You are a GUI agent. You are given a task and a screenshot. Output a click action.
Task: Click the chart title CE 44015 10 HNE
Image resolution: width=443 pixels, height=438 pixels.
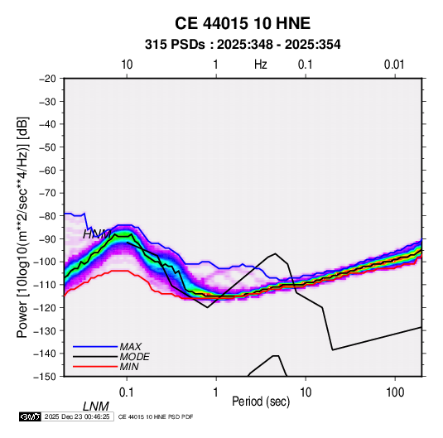point(243,23)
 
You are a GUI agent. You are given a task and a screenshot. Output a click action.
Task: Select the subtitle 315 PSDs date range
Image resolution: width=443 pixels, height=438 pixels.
point(243,45)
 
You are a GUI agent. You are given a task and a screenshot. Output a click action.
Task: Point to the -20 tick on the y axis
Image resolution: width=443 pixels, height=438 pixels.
point(47,79)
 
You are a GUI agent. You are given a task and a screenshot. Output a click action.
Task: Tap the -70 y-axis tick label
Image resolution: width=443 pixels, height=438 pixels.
point(47,193)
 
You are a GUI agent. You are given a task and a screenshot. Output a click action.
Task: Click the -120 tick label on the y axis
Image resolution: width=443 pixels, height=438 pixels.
point(46,307)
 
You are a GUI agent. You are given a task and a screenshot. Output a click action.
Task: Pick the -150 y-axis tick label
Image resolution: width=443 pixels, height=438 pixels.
point(46,377)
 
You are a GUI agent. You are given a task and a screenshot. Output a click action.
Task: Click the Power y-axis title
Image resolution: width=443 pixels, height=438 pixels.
point(22,228)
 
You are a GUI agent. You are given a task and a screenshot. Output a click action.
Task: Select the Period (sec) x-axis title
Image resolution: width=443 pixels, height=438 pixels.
point(261,402)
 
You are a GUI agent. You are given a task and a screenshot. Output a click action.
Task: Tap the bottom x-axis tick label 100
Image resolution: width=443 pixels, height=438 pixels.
point(395,392)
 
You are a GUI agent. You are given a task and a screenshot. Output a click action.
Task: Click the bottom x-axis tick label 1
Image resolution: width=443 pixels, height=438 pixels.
point(216,392)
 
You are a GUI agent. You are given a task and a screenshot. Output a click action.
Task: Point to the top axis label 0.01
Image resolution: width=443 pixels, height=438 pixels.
point(394,65)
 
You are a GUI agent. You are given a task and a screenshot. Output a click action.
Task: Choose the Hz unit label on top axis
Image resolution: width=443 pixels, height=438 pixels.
point(261,65)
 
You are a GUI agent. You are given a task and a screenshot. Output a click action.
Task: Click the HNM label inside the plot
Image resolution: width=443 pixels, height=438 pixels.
point(97,234)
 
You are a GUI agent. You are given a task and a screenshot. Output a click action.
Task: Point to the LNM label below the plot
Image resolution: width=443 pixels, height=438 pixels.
point(96,407)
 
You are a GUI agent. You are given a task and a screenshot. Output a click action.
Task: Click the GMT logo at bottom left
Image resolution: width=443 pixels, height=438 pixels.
point(31,416)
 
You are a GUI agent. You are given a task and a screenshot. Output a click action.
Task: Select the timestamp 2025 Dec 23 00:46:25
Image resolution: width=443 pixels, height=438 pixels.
point(77,416)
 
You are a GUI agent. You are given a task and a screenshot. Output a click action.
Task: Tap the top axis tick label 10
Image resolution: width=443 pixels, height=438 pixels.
point(127,65)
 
